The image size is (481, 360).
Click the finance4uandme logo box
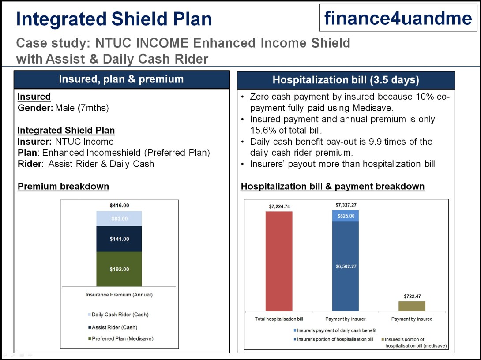pyautogui.click(x=398, y=18)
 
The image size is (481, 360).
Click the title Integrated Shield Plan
pyautogui.click(x=114, y=19)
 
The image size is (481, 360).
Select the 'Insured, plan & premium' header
pyautogui.click(x=121, y=79)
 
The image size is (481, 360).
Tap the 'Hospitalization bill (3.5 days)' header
pyautogui.click(x=346, y=80)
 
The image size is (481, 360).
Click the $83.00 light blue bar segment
pyautogui.click(x=119, y=218)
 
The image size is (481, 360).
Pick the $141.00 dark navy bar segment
pyautogui.click(x=119, y=239)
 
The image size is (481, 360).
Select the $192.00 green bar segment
pyautogui.click(x=119, y=269)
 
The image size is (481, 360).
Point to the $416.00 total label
pyautogui.click(x=119, y=206)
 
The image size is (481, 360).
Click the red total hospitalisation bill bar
pyautogui.click(x=279, y=261)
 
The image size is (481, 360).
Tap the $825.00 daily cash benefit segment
pyautogui.click(x=346, y=216)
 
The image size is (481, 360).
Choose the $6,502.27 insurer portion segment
pyautogui.click(x=346, y=266)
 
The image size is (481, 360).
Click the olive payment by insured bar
pyautogui.click(x=412, y=306)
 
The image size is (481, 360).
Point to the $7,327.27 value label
pyautogui.click(x=346, y=206)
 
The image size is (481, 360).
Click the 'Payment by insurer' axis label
pyautogui.click(x=346, y=319)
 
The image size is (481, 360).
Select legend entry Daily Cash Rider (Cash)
pyautogui.click(x=120, y=315)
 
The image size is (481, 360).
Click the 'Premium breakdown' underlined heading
pyautogui.click(x=63, y=186)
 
